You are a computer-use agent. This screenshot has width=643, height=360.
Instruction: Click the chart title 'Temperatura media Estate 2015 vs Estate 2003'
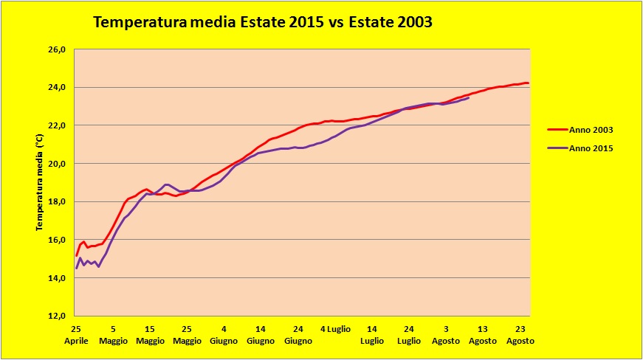tap(262, 23)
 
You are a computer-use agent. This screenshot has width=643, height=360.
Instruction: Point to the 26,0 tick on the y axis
tap(58, 49)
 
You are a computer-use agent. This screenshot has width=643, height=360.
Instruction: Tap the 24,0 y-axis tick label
tap(58, 88)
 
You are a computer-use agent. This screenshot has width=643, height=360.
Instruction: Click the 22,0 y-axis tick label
tap(58, 125)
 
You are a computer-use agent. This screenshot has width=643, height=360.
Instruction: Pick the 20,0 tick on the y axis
tap(58, 164)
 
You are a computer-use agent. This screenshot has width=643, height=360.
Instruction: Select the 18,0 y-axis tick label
tap(58, 201)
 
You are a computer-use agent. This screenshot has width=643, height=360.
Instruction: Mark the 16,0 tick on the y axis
tap(58, 240)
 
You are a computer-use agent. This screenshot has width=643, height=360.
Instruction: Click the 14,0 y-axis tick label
tap(58, 277)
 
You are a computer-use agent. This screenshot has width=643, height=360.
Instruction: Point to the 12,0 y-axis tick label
tap(58, 316)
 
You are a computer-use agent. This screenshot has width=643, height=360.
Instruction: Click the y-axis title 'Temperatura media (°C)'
tap(41, 182)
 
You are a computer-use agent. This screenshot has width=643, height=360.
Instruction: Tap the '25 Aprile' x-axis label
tap(76, 335)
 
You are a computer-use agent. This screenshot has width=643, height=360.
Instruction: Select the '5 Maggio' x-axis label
tap(113, 335)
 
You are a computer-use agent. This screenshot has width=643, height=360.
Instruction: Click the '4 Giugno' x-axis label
tap(224, 335)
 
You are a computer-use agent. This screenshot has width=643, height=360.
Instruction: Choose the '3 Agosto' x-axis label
tap(446, 335)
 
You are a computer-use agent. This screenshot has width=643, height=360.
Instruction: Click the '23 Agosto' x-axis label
tap(520, 335)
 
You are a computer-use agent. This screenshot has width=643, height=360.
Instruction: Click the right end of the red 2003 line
tap(529, 83)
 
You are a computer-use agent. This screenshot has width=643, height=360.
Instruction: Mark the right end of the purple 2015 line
tap(469, 97)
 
